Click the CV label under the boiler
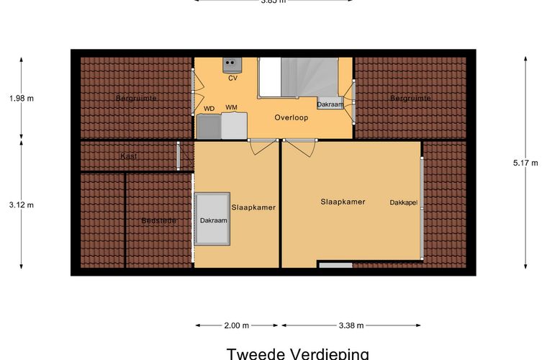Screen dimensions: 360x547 [232, 78]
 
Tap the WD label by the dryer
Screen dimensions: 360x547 [209, 109]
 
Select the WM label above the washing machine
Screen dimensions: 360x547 [231, 108]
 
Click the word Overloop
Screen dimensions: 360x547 [291, 117]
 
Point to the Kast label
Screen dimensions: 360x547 [129, 156]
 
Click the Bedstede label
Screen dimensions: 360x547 [158, 220]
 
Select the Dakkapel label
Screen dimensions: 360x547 [404, 202]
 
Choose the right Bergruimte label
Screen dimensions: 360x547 [410, 97]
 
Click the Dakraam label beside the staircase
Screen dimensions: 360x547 [330, 104]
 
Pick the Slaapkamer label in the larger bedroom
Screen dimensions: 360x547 [343, 202]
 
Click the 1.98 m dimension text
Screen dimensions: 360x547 [21, 99]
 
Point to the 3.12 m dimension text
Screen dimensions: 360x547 [21, 204]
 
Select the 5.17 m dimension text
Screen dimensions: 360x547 [525, 163]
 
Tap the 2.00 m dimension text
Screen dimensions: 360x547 [236, 325]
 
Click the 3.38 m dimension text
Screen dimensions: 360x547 [352, 325]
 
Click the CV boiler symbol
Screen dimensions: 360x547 [232, 64]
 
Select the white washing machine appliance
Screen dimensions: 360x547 [234, 125]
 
